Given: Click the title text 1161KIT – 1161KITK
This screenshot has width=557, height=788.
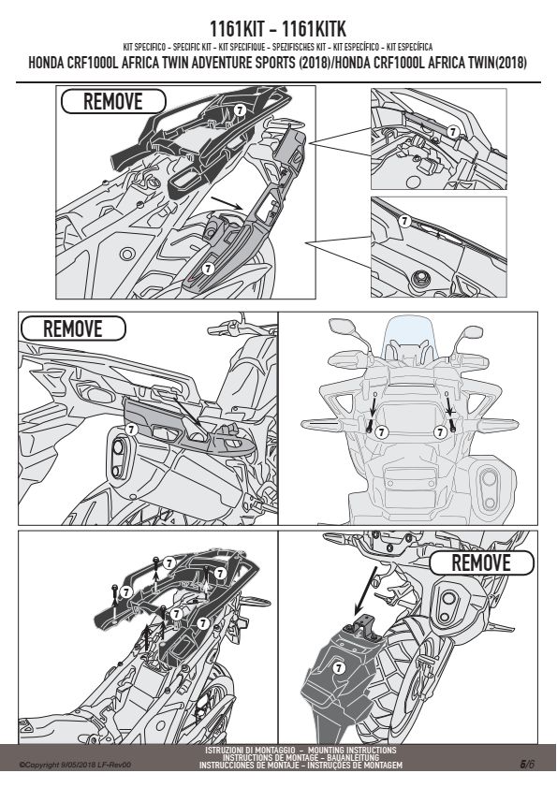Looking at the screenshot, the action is pyautogui.click(x=278, y=29).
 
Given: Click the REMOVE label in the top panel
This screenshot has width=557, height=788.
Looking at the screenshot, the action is pyautogui.click(x=113, y=101).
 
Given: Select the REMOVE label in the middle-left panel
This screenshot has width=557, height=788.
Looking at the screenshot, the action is pyautogui.click(x=73, y=328).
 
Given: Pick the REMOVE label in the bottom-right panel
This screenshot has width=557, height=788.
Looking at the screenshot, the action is pyautogui.click(x=481, y=562).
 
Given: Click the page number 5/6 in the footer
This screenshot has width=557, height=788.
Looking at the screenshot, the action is pyautogui.click(x=527, y=765).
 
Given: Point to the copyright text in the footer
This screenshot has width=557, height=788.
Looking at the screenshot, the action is pyautogui.click(x=75, y=765).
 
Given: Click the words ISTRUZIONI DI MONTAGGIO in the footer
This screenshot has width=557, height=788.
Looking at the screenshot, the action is pyautogui.click(x=250, y=751).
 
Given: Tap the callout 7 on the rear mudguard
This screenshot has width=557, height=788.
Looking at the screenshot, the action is pyautogui.click(x=339, y=668).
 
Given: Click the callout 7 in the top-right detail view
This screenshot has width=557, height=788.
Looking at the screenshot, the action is pyautogui.click(x=453, y=132).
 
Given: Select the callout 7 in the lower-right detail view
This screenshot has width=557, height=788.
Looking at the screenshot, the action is pyautogui.click(x=404, y=221).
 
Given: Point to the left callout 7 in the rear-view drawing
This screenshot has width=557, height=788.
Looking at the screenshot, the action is pyautogui.click(x=382, y=431).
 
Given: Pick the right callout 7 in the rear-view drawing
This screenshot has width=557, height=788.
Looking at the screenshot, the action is pyautogui.click(x=440, y=431).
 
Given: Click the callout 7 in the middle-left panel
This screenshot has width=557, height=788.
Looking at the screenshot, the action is pyautogui.click(x=131, y=430).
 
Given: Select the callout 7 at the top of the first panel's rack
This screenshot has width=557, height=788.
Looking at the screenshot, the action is pyautogui.click(x=240, y=110).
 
